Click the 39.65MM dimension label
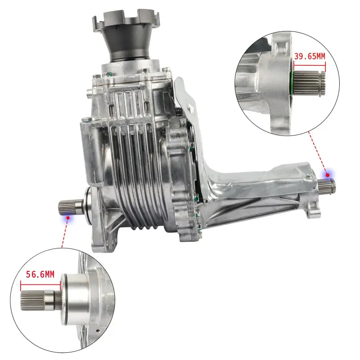(310, 56)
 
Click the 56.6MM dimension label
(40, 274)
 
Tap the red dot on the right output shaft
(328, 175)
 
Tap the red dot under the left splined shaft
(68, 217)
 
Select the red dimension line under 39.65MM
(310, 65)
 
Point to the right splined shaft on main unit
(327, 185)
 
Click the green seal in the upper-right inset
(292, 82)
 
